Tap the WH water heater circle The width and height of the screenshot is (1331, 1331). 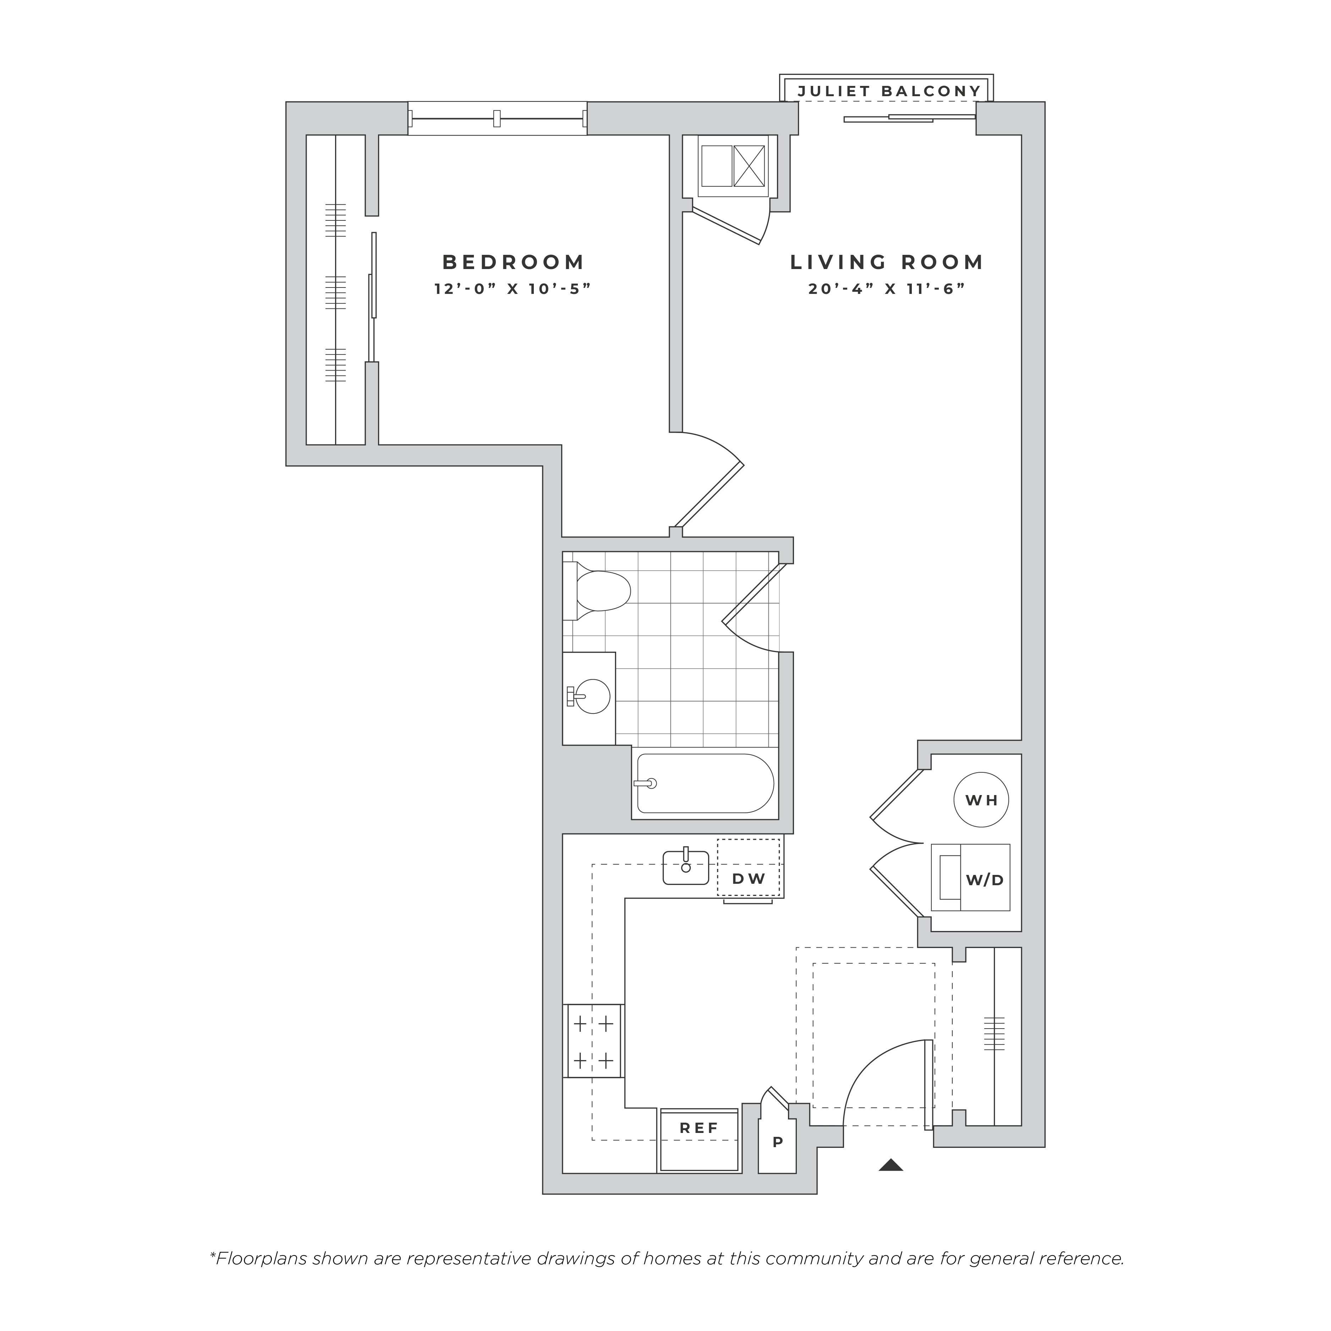point(981,800)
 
